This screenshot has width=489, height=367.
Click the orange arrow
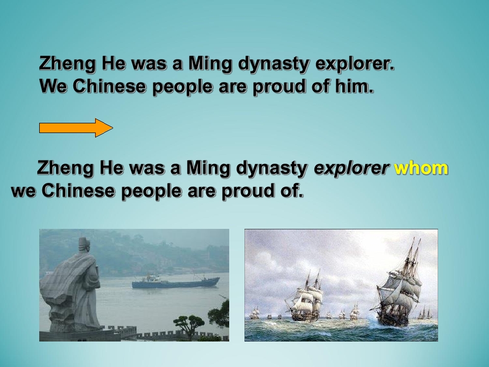[x=76, y=127]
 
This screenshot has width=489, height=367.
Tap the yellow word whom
[x=421, y=168]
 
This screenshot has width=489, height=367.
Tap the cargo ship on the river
[x=175, y=281]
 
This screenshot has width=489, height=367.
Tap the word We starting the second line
[x=54, y=87]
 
